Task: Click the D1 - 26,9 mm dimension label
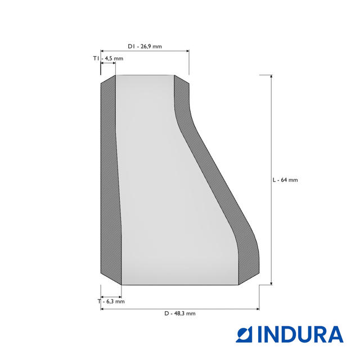pos(145,46)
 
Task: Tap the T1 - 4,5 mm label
pos(108,58)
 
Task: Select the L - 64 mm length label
pos(285,180)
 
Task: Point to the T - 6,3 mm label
pos(111,301)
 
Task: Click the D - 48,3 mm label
pos(180,313)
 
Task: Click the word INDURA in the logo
pos(300,334)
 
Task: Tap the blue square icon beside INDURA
pos(244,334)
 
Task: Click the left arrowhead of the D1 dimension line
pos(102,51)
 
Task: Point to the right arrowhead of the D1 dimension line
pos(187,51)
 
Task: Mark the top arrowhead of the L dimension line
pos(271,76)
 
